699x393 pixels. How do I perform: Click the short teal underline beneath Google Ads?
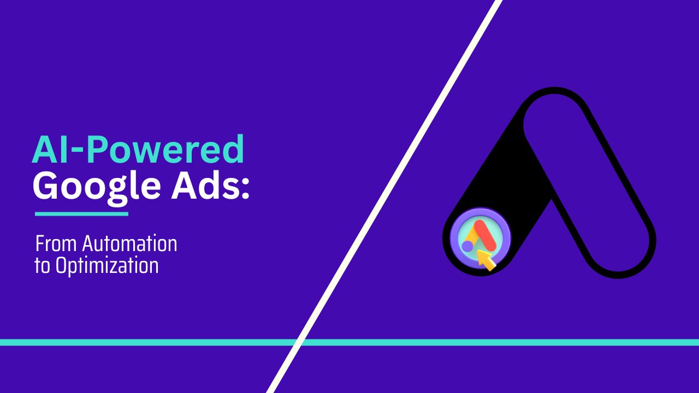(81, 214)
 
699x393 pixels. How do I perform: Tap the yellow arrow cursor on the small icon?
(486, 260)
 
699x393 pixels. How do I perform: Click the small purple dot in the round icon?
(467, 247)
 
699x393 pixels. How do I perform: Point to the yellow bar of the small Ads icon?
(473, 237)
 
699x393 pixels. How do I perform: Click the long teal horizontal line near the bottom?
(491, 342)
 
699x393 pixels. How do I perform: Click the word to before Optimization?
(42, 266)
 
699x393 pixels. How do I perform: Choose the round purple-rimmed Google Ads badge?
(480, 240)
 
